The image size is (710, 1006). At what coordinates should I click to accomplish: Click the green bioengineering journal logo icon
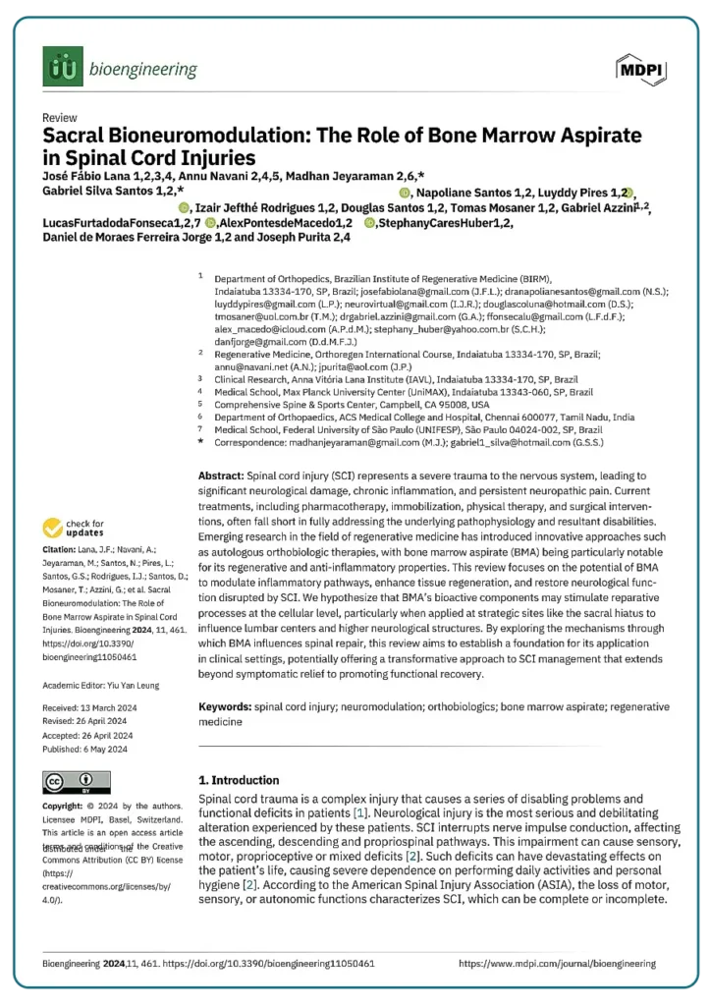click(x=63, y=68)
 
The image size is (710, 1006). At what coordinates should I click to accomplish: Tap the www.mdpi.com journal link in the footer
click(x=557, y=964)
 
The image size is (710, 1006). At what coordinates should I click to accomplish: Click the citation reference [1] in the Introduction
click(x=361, y=813)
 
